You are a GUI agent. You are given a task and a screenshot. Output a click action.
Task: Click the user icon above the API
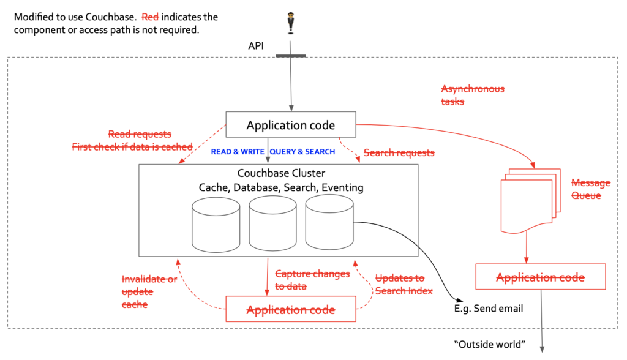point(291,24)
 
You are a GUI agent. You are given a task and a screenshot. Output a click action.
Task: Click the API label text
point(256,46)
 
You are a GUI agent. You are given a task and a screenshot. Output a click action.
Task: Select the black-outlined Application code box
point(291,126)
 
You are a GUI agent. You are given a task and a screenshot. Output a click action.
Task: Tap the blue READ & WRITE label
point(238,152)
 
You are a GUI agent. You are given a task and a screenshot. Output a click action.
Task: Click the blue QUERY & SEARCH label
point(302,152)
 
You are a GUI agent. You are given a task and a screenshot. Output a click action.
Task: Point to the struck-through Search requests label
point(399,152)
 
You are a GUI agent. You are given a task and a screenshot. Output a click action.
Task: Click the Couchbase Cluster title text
point(279,173)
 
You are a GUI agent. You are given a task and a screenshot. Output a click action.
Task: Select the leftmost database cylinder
point(214,224)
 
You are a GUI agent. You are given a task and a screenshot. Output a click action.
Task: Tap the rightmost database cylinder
point(329,223)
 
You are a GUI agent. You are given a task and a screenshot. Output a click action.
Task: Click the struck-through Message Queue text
point(590,189)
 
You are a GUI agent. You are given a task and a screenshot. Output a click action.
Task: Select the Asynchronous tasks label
point(473,95)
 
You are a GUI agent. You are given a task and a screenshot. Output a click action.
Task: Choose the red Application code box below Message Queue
point(540,277)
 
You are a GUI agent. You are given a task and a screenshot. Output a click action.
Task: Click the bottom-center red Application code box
point(291,310)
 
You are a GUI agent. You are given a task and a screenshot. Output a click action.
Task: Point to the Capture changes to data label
point(312,280)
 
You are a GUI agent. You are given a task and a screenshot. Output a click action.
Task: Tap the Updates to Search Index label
point(404,284)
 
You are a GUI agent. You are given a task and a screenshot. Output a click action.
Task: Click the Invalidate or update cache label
point(149,291)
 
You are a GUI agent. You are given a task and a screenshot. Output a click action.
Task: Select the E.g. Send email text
point(489,309)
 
